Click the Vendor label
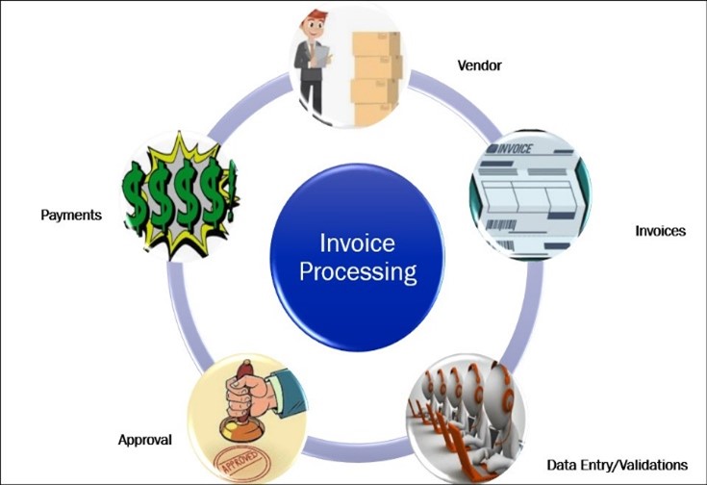479,66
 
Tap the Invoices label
660,232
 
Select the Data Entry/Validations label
618,465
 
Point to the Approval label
144,440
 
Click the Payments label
71,215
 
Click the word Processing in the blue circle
358,272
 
